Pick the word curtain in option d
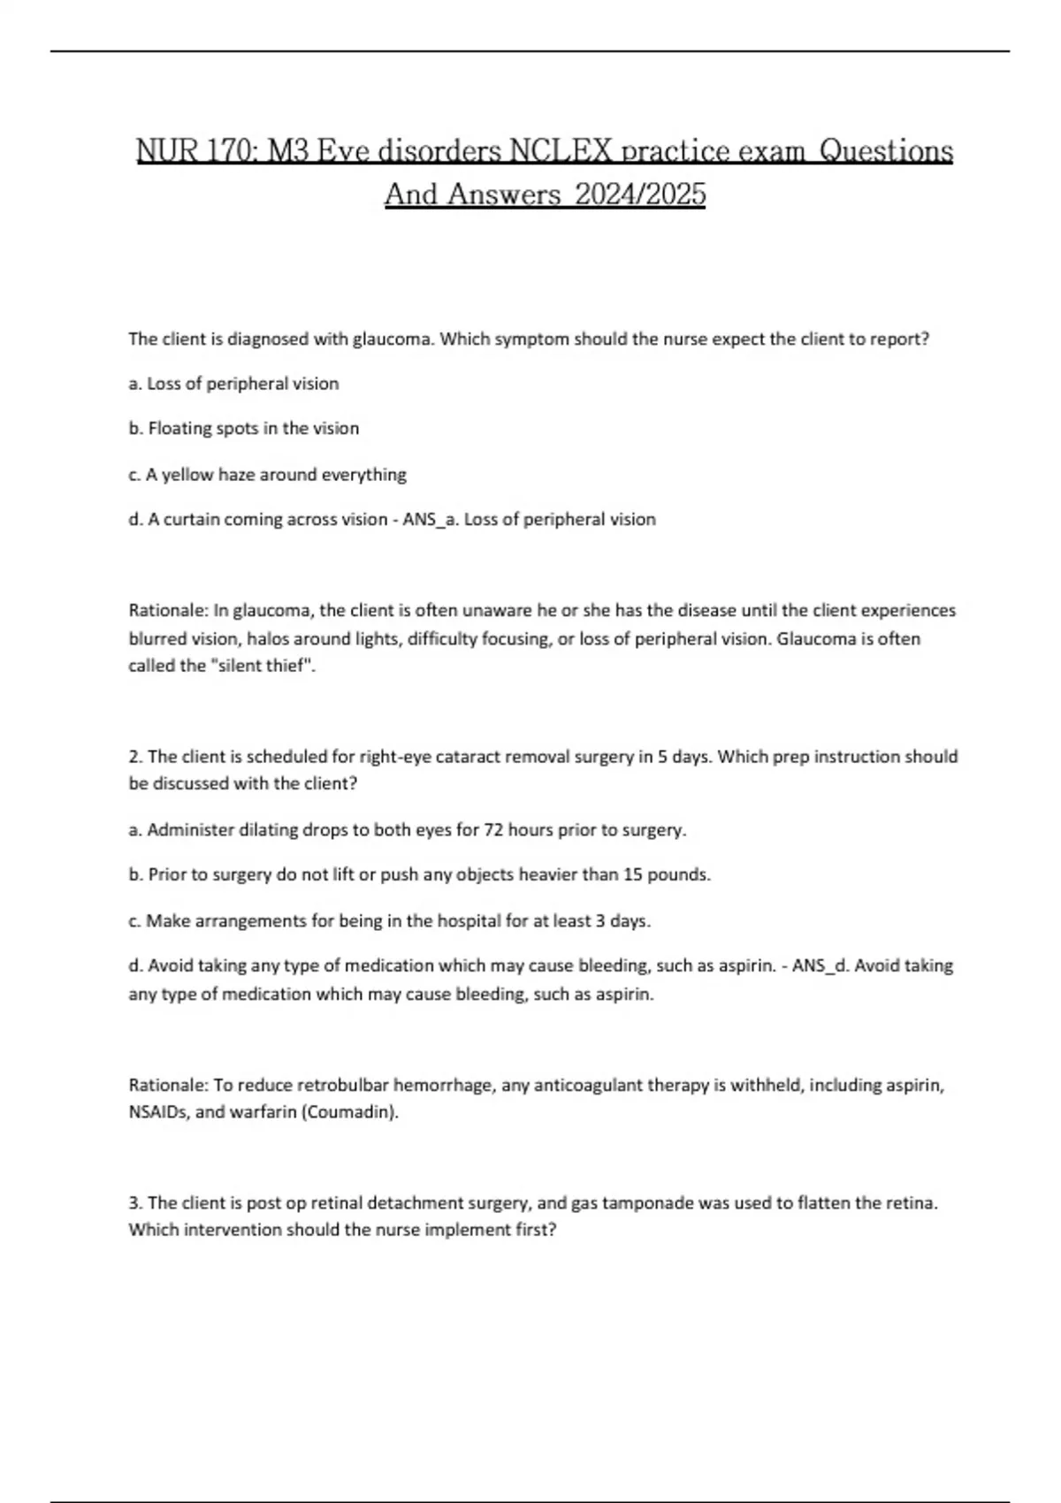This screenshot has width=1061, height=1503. (x=191, y=520)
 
